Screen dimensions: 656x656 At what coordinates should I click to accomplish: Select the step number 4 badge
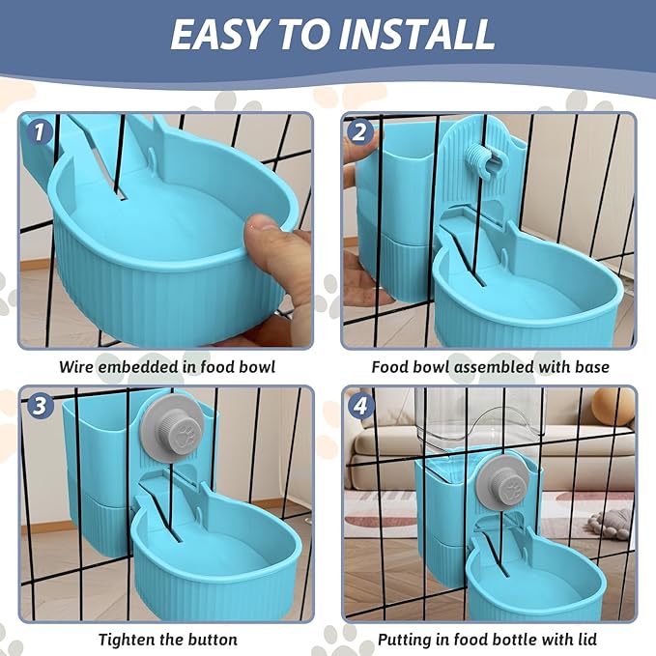(359, 406)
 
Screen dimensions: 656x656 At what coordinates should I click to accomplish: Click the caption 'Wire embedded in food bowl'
(166, 367)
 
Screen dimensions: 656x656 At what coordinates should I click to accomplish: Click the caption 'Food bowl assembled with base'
(490, 367)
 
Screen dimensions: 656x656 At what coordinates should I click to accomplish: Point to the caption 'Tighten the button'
(167, 639)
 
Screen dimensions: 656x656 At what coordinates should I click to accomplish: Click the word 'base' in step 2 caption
(591, 367)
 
